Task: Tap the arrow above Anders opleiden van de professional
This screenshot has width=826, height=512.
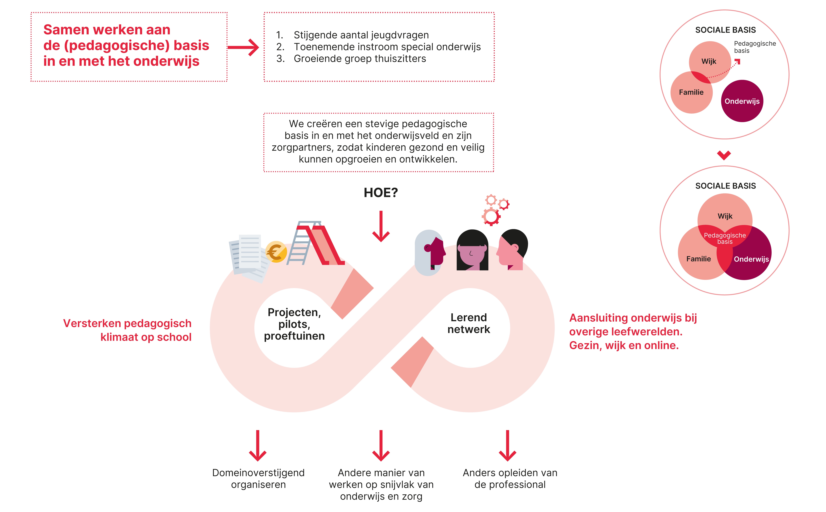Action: pyautogui.click(x=507, y=445)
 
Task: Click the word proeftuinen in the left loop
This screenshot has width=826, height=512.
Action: pyautogui.click(x=294, y=336)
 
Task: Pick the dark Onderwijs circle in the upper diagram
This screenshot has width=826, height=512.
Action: pyautogui.click(x=742, y=101)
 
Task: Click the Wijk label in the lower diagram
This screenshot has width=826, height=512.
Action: pyautogui.click(x=725, y=216)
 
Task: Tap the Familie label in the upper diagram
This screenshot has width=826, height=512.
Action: pyautogui.click(x=691, y=92)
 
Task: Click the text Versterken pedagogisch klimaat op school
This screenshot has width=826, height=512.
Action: pyautogui.click(x=127, y=330)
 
